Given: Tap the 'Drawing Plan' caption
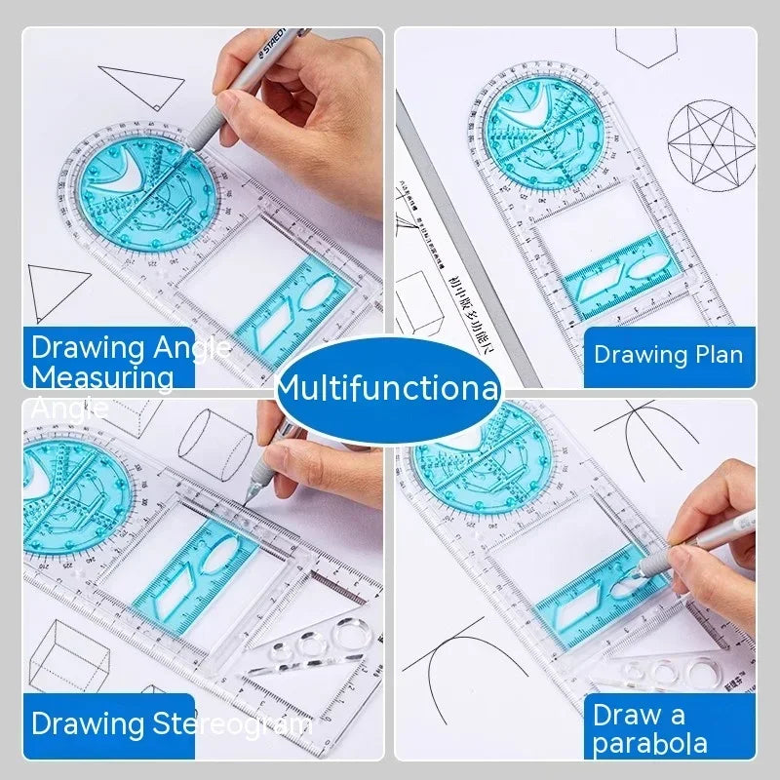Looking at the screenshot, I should [x=668, y=355].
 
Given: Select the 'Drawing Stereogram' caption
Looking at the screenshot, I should [x=171, y=723].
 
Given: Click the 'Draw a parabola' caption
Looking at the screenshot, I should [x=649, y=728].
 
